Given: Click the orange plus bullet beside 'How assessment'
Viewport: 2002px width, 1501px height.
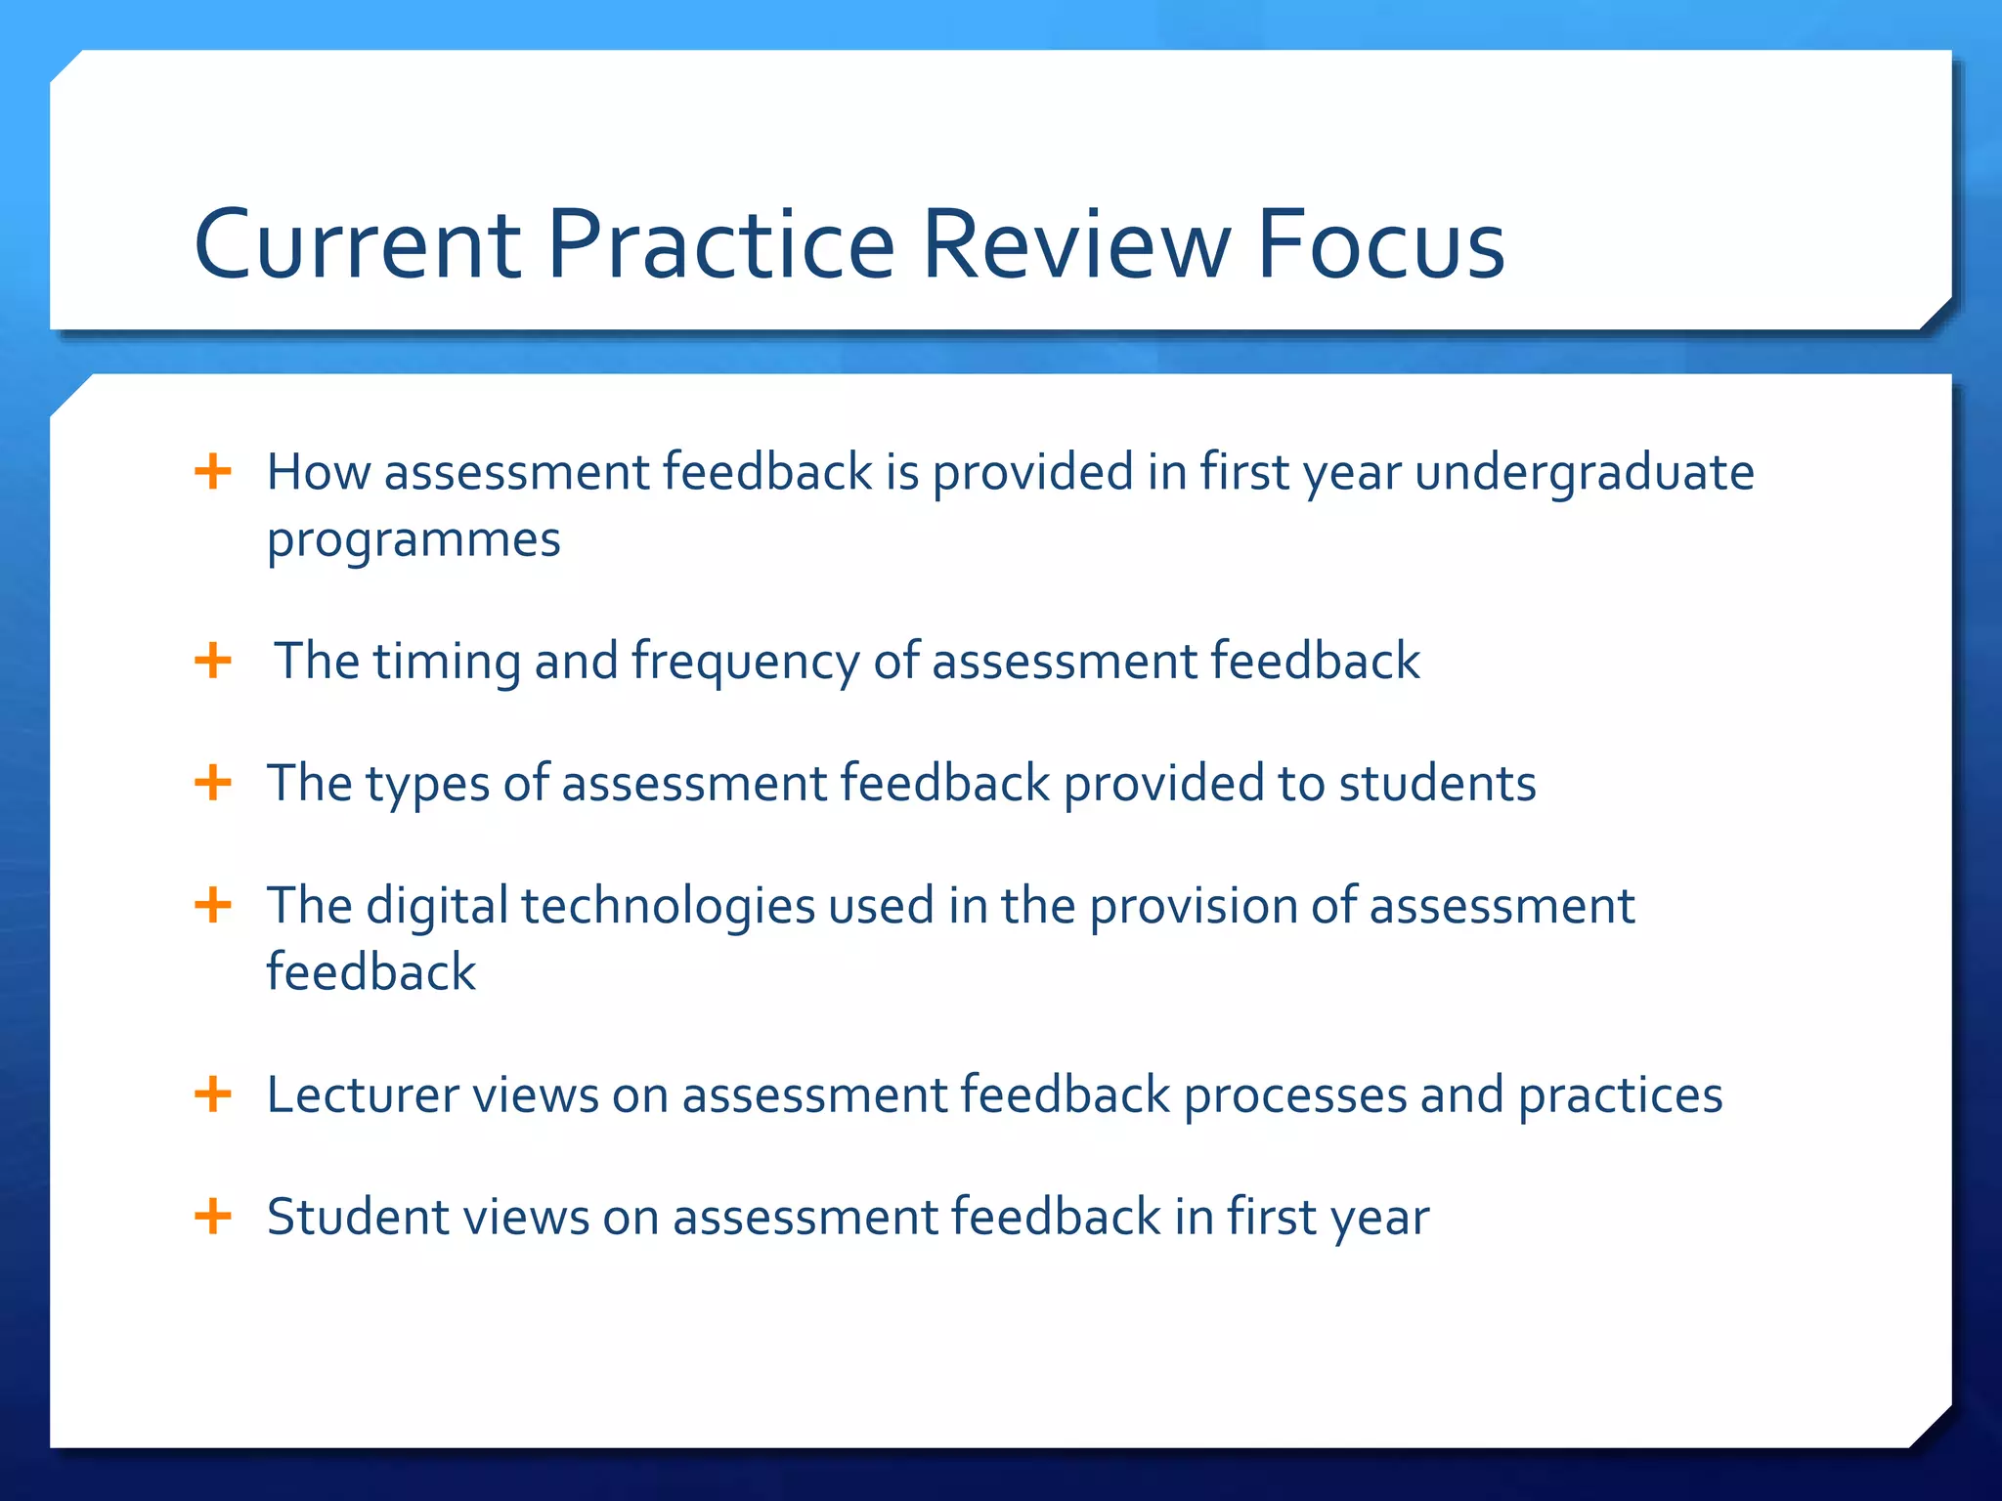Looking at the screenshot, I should (x=213, y=472).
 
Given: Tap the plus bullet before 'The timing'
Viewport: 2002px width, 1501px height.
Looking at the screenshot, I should (x=213, y=662).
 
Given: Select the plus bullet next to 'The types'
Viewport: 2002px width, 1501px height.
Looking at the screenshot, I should (x=213, y=784).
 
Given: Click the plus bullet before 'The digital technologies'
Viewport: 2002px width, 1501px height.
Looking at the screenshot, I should (x=213, y=906).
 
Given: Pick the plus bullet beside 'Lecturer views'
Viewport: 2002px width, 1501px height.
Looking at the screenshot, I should (x=213, y=1094).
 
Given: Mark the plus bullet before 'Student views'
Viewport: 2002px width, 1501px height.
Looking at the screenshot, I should (x=213, y=1218).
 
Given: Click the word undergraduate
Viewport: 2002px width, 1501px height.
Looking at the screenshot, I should (x=1585, y=473).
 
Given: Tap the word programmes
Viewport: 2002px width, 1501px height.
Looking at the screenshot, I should (x=413, y=540).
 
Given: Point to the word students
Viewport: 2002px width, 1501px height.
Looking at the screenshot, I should (x=1437, y=784).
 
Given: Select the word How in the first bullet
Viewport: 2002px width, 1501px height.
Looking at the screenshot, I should (x=319, y=472).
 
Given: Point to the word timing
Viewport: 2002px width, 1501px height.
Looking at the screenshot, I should (x=446, y=663).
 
